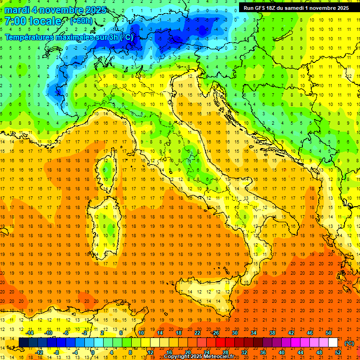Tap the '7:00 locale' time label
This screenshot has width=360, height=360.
[x=33, y=21]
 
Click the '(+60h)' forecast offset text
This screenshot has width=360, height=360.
[x=81, y=21]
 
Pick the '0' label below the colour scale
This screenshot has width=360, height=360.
[x=93, y=352]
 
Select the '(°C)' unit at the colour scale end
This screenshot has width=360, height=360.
[x=349, y=343]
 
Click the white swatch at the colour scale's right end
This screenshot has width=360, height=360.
[x=333, y=342]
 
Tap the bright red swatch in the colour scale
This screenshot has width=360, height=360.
[x=220, y=342]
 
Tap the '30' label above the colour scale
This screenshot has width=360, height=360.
[x=234, y=333]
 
